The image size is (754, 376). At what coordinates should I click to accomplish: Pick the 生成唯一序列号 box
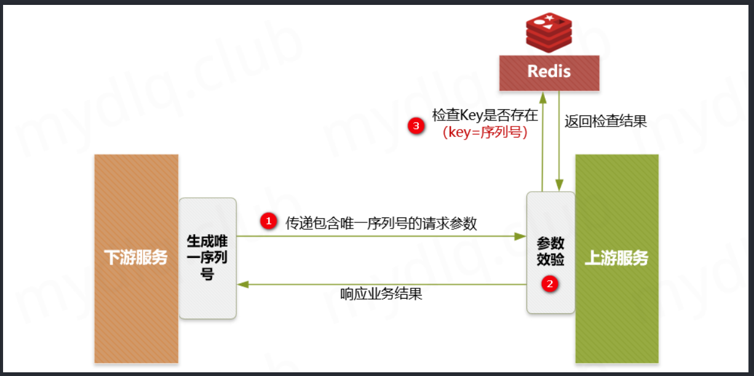pos(207,258)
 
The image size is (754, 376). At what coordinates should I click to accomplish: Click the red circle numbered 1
pos(268,221)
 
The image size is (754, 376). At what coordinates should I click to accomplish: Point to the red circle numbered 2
pos(550,284)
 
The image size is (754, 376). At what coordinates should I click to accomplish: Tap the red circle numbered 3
pos(416,126)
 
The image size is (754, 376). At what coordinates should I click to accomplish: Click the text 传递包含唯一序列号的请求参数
pos(381,223)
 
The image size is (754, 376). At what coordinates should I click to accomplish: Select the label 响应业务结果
pos(381,294)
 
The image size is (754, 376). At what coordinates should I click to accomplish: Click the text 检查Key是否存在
pos(485,115)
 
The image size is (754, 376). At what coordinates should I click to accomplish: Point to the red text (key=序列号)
pos(485,132)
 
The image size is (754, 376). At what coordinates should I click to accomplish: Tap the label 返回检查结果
pos(606,121)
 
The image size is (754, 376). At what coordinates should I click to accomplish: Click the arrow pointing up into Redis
pos(542,141)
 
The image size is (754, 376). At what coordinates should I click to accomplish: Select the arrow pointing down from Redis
pos(558,141)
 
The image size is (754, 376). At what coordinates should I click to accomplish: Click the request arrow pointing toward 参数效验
pos(381,236)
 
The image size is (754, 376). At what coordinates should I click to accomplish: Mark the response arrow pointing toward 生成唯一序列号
pos(381,284)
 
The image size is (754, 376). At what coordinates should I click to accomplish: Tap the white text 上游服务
pos(616,258)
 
